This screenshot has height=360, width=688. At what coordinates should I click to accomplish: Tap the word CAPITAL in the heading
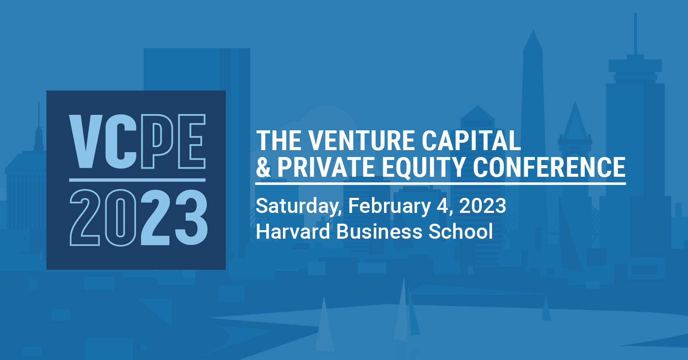(x=471, y=141)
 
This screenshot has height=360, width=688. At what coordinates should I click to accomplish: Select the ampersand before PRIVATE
(x=264, y=167)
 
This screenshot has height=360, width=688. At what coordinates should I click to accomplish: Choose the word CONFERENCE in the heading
(x=549, y=167)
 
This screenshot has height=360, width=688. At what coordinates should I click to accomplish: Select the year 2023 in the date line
(x=482, y=206)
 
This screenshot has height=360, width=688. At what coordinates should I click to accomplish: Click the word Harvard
(x=293, y=231)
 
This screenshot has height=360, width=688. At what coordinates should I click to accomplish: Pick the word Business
(x=379, y=231)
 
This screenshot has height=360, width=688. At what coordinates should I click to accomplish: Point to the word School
(x=461, y=231)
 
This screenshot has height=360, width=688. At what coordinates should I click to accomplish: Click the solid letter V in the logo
(x=86, y=142)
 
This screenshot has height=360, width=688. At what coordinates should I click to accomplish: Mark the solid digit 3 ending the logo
(x=191, y=218)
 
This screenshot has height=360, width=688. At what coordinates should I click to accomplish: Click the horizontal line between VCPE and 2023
(x=137, y=180)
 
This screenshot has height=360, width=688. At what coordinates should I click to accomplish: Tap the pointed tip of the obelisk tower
(x=533, y=30)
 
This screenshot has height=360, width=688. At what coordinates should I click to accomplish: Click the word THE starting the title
(x=279, y=141)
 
